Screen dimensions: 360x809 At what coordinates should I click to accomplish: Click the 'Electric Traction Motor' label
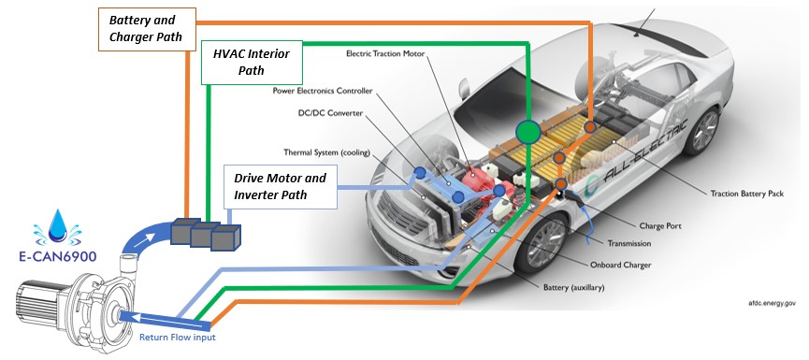tap(385, 53)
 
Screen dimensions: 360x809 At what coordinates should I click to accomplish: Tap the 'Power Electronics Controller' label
tap(323, 91)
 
